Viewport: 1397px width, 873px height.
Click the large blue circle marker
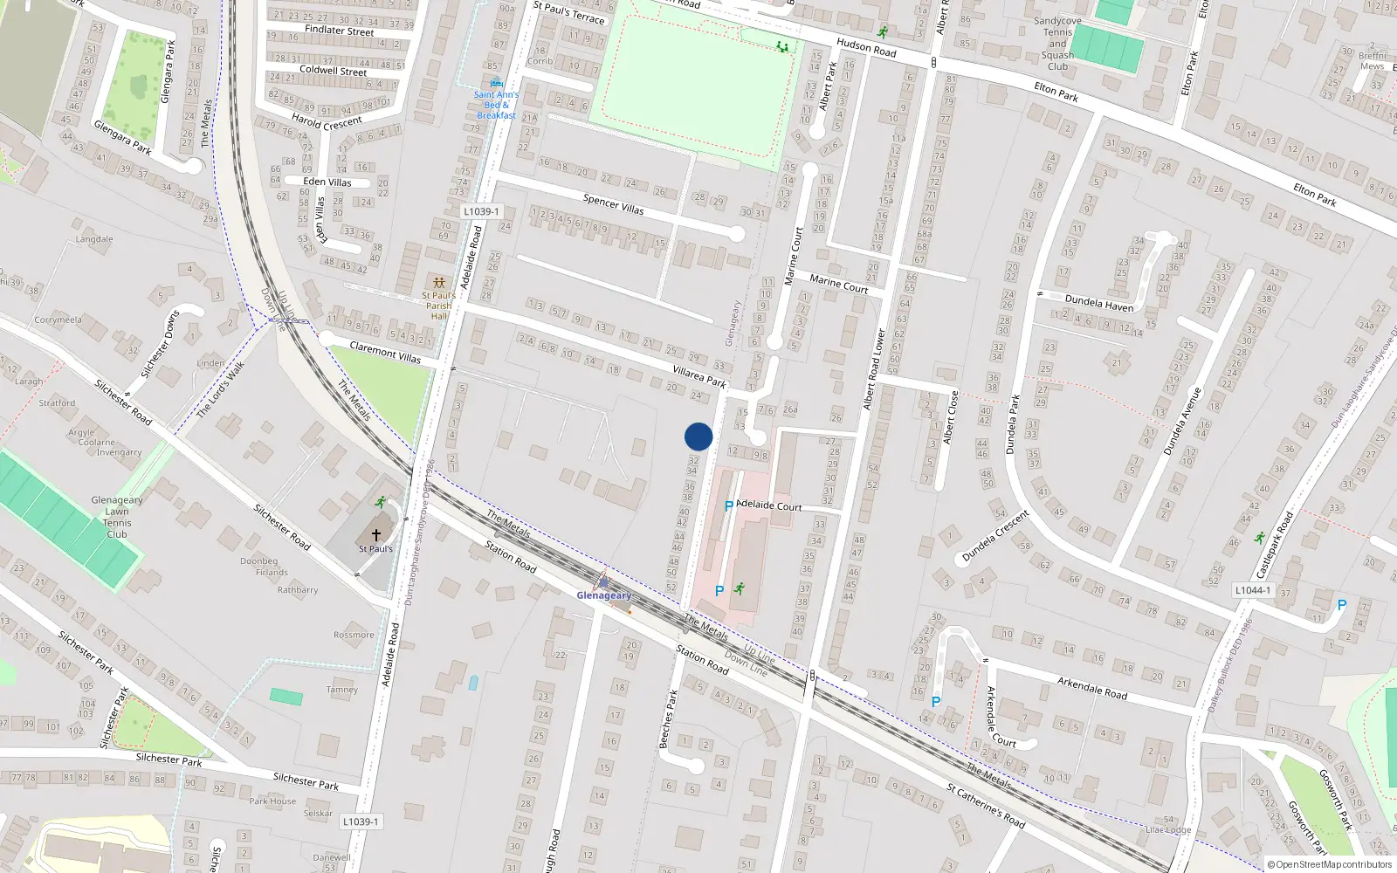click(x=698, y=436)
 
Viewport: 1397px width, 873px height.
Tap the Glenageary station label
click(x=603, y=595)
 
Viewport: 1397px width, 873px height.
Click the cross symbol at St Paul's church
click(x=376, y=534)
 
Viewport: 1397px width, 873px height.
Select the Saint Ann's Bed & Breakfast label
click(x=496, y=105)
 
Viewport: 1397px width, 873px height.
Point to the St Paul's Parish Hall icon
click(x=438, y=283)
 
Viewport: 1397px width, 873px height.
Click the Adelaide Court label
click(x=768, y=505)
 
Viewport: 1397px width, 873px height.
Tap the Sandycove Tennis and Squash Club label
click(x=1057, y=44)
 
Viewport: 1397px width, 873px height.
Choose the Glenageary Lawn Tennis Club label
click(x=117, y=517)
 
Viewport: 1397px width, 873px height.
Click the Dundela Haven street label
click(x=1099, y=303)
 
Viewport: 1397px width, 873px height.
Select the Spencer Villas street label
click(x=613, y=204)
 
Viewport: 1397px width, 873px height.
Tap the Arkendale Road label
click(x=1091, y=688)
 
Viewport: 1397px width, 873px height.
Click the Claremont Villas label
click(x=385, y=352)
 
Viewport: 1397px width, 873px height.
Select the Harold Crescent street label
click(x=327, y=122)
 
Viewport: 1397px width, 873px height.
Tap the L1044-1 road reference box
click(x=1253, y=590)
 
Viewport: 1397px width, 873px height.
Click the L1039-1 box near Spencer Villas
click(x=481, y=212)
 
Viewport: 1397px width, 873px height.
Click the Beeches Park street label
click(x=668, y=719)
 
